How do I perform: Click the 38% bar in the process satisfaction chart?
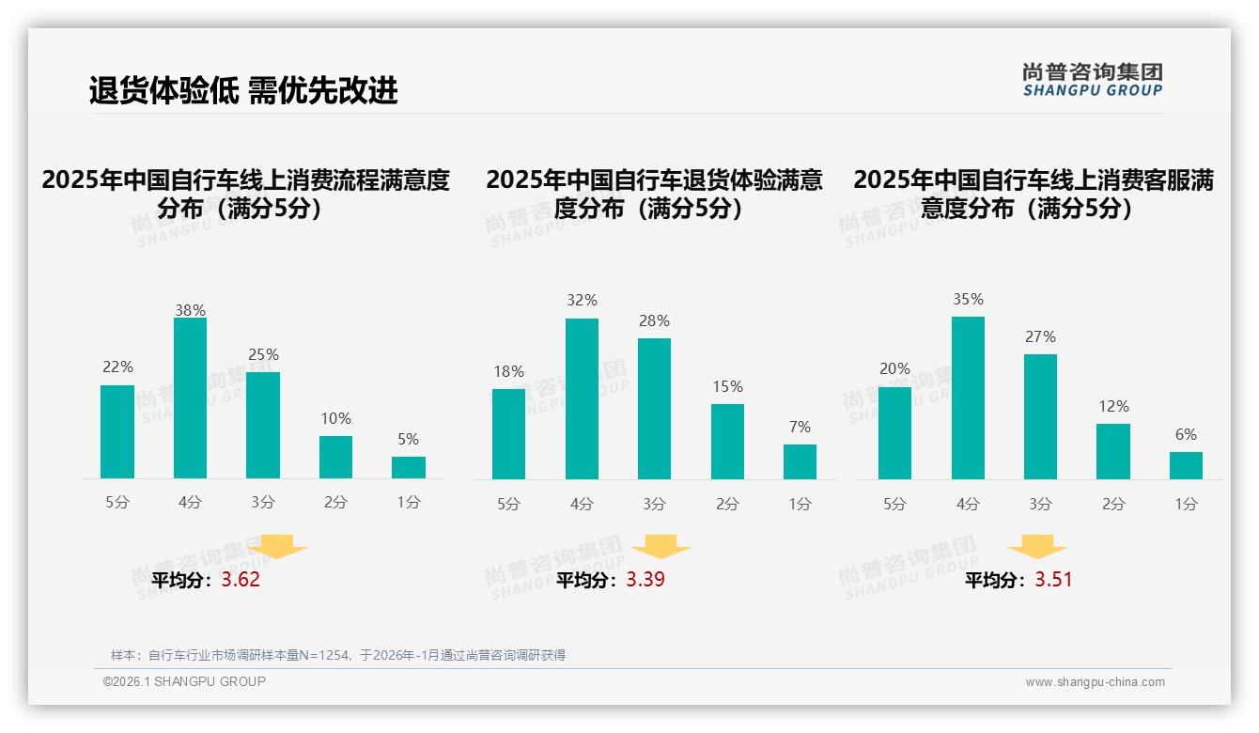[x=190, y=398]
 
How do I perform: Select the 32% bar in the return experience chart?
[x=582, y=399]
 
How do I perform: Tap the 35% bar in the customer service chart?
[x=968, y=398]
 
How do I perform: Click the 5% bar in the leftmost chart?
[x=409, y=468]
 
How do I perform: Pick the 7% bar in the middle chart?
[x=800, y=461]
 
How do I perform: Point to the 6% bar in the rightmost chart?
[x=1186, y=465]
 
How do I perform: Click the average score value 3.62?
[x=241, y=580]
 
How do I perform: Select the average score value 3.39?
[x=645, y=580]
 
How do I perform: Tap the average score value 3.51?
[x=1053, y=580]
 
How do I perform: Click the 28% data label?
[x=654, y=321]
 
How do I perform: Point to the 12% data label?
[x=1113, y=407]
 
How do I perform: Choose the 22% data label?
[x=117, y=367]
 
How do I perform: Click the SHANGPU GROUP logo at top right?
[x=1092, y=80]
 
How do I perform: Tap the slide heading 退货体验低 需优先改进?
[x=243, y=90]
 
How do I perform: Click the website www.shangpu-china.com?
[x=1095, y=682]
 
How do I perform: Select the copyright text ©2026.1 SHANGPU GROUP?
[x=184, y=681]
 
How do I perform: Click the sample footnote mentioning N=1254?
[x=338, y=655]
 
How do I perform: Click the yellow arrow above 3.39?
[x=661, y=547]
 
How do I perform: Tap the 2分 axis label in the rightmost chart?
[x=1113, y=504]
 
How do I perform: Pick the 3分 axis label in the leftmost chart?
[x=263, y=503]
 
